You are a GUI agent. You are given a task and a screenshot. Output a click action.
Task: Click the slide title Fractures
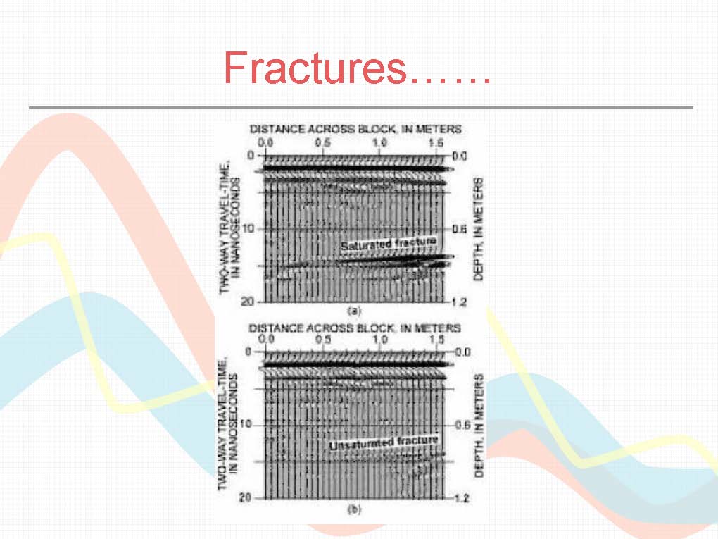(x=357, y=68)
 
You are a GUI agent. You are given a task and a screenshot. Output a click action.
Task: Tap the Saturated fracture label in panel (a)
(x=389, y=243)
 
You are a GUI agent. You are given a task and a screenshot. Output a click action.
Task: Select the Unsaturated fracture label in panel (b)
(x=384, y=442)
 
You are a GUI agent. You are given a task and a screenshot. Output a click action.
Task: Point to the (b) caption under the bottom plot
(x=354, y=509)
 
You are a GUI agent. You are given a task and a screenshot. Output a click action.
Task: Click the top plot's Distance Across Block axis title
(x=355, y=129)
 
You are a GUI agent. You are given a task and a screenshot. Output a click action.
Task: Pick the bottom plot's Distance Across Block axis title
(x=354, y=328)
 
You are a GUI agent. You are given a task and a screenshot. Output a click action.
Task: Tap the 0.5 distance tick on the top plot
(x=323, y=142)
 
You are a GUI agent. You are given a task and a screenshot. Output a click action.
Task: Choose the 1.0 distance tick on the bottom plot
(x=379, y=340)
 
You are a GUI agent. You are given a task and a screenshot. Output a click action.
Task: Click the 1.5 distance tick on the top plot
(x=436, y=142)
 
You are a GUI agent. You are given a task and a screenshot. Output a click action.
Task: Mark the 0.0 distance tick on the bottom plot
(x=266, y=339)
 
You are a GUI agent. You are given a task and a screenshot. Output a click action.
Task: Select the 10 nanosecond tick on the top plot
(x=248, y=228)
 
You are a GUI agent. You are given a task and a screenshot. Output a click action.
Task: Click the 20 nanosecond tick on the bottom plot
(x=246, y=497)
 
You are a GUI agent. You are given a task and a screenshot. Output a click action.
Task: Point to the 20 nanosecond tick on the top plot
(x=247, y=302)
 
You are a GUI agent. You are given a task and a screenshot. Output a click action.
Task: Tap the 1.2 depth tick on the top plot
(x=459, y=302)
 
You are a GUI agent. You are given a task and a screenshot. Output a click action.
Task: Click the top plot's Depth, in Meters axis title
(x=478, y=229)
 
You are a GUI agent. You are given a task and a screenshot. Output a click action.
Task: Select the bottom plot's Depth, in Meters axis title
(x=479, y=426)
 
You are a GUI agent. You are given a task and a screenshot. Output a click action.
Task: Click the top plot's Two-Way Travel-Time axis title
(x=229, y=228)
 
